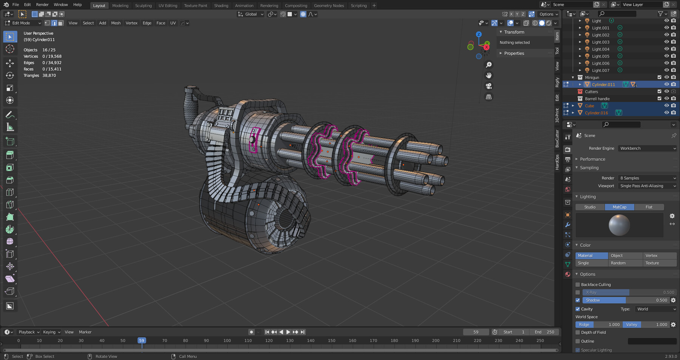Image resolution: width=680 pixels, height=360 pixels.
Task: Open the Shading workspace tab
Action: pyautogui.click(x=221, y=6)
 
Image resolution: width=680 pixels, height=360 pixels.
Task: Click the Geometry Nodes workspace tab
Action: pyautogui.click(x=329, y=6)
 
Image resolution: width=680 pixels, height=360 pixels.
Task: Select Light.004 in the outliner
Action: pyautogui.click(x=600, y=49)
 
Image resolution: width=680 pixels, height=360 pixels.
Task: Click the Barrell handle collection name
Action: pyautogui.click(x=597, y=99)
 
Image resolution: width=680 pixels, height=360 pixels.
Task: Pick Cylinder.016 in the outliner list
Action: pyautogui.click(x=596, y=113)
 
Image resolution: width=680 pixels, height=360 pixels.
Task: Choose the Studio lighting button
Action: pyautogui.click(x=590, y=207)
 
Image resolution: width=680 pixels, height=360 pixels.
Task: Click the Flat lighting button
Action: pyautogui.click(x=649, y=207)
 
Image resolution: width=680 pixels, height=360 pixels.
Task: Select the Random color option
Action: pyautogui.click(x=618, y=263)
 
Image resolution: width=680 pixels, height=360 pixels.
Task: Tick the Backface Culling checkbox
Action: pyautogui.click(x=578, y=284)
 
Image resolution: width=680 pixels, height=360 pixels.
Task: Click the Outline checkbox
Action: pyautogui.click(x=578, y=341)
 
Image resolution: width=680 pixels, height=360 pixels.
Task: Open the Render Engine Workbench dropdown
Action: pyautogui.click(x=648, y=148)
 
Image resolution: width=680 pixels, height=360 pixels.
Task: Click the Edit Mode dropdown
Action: pyautogui.click(x=23, y=23)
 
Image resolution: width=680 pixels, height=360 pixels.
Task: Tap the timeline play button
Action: pyautogui.click(x=288, y=332)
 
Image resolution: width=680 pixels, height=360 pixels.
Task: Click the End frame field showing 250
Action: pyautogui.click(x=544, y=332)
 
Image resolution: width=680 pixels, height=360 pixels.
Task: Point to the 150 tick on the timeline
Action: pyautogui.click(x=331, y=341)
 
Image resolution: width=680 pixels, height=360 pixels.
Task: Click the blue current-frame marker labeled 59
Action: pyautogui.click(x=142, y=340)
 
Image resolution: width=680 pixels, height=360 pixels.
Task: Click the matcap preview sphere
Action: pyautogui.click(x=619, y=225)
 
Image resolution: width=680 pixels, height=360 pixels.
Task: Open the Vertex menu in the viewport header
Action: pyautogui.click(x=131, y=23)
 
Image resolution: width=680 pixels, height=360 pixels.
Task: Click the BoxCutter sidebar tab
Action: pyautogui.click(x=557, y=139)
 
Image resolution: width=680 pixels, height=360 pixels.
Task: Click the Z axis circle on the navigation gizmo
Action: pyautogui.click(x=479, y=34)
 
